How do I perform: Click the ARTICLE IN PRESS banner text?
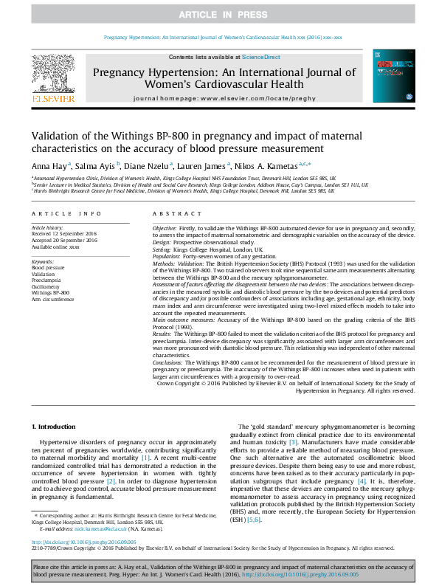219,15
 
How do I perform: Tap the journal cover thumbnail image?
388,76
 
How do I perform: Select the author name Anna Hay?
48,166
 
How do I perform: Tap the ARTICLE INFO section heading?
66,213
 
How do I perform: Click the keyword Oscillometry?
46,286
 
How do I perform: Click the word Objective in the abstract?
166,230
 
